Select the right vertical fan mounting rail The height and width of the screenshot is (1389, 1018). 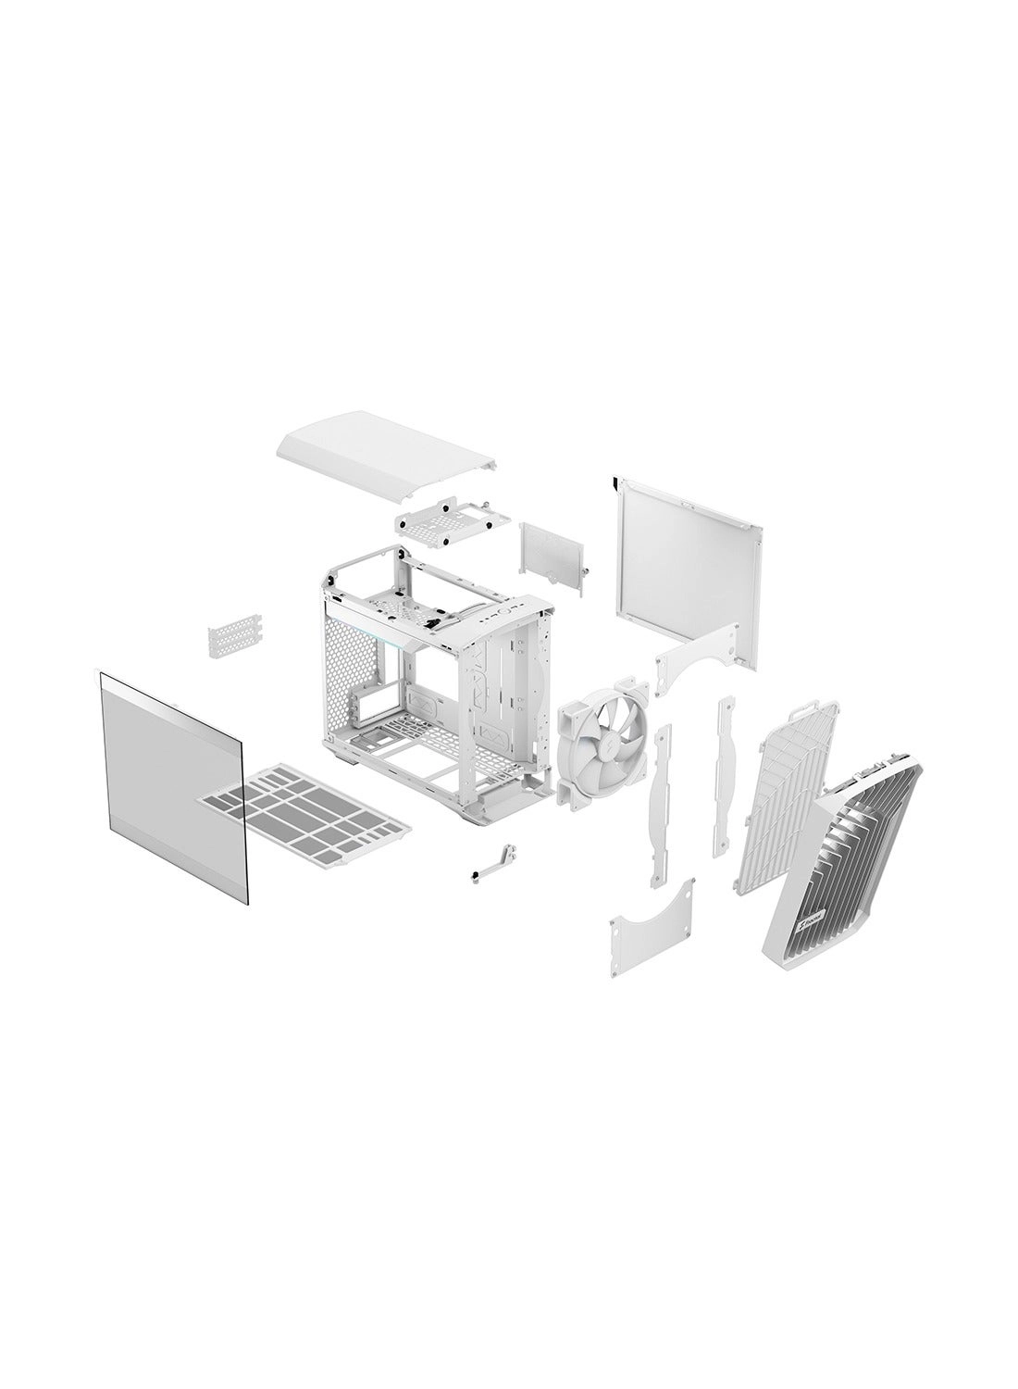coord(723,778)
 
